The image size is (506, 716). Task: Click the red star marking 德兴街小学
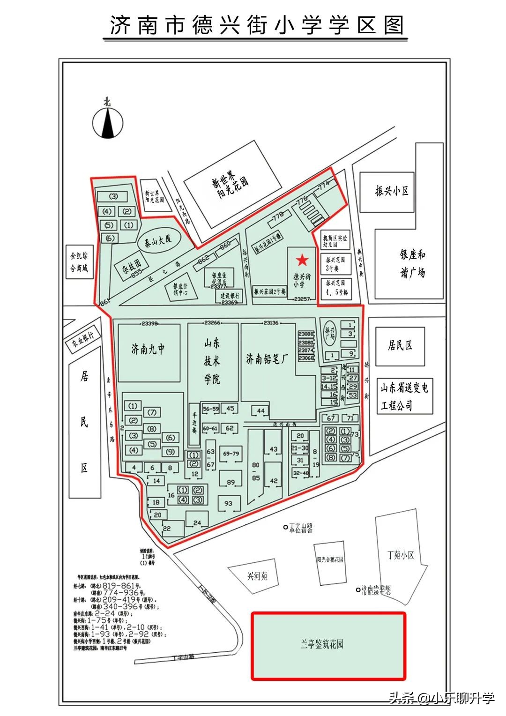tap(302, 259)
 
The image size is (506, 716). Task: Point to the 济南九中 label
tap(148, 349)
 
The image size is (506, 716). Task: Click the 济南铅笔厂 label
tap(267, 358)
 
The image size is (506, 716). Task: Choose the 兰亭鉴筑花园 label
tap(322, 644)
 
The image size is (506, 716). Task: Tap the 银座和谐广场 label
tap(412, 263)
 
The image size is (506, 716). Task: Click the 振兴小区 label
tap(392, 191)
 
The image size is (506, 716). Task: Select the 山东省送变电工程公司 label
tap(404, 396)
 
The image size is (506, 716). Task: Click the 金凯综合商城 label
tap(79, 262)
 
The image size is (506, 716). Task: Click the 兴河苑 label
tap(257, 576)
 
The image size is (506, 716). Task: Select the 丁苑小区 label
tap(401, 555)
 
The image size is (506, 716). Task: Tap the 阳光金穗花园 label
tap(330, 559)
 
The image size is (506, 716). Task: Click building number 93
tap(228, 504)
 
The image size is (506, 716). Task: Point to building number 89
tap(231, 483)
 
